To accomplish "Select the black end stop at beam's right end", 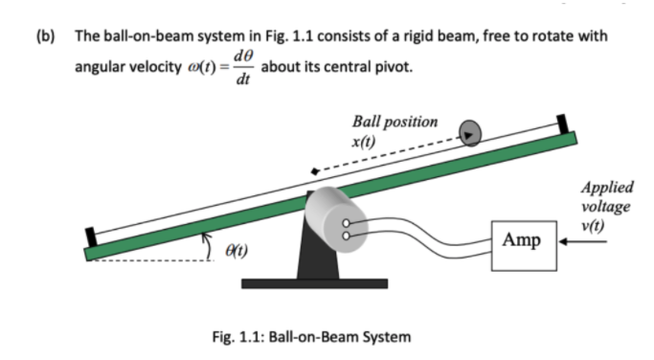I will (x=562, y=125).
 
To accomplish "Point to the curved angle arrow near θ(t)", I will (x=209, y=250).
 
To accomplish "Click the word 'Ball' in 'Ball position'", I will (x=369, y=122).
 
